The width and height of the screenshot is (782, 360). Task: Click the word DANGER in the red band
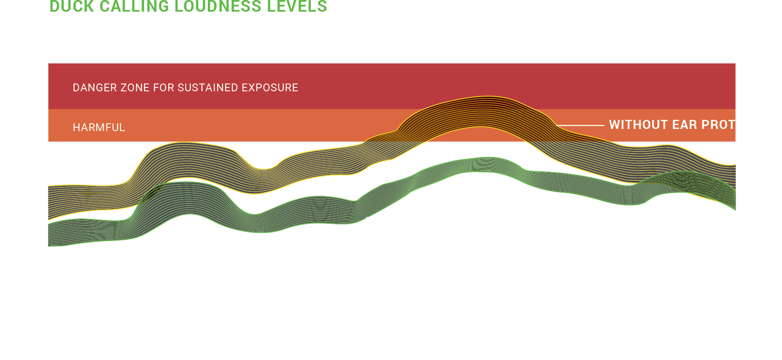89,88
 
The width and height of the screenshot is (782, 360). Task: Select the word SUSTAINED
208,88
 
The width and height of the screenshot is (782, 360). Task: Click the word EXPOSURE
270,88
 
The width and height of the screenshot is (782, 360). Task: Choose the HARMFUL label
99,128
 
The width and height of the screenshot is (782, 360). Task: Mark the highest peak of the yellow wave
488,97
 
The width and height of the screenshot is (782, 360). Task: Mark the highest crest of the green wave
488,158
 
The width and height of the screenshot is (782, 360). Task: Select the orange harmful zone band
260,125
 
